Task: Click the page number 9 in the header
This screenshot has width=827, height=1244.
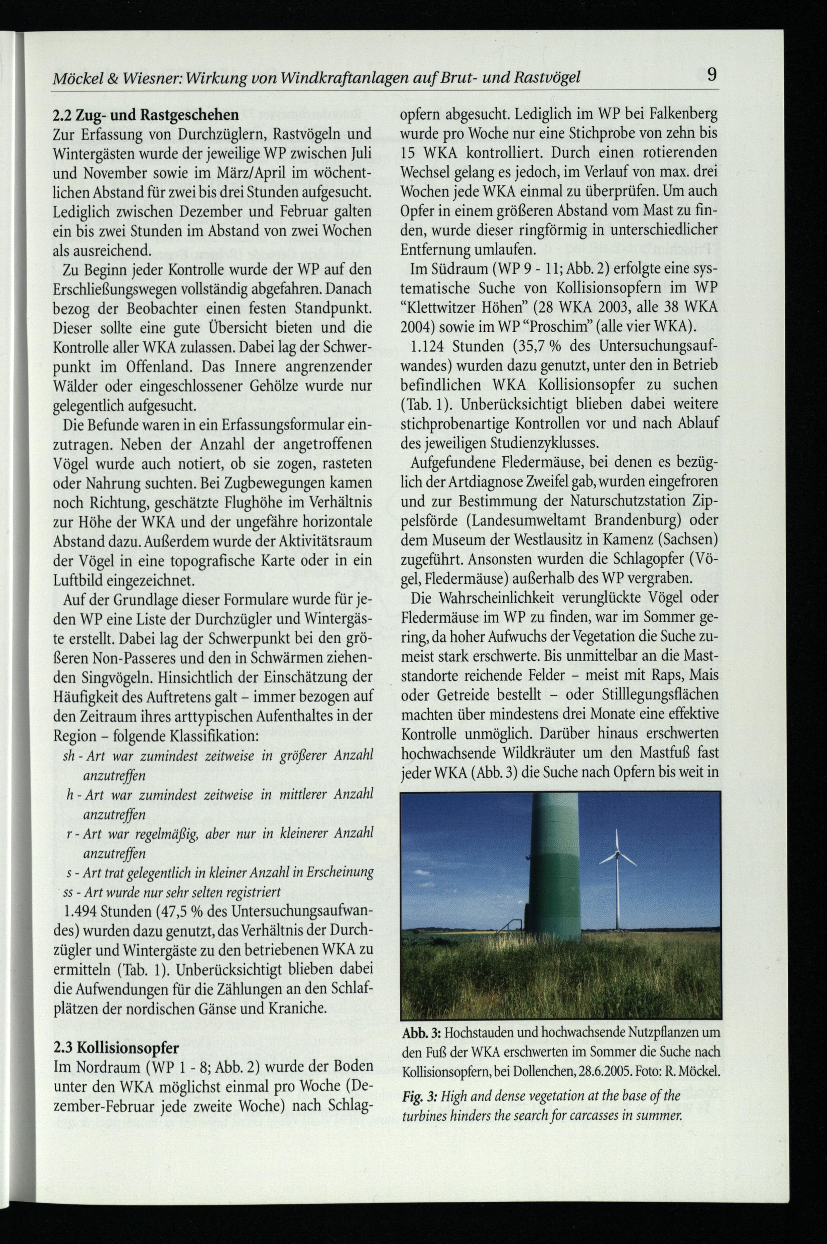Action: tap(712, 74)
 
